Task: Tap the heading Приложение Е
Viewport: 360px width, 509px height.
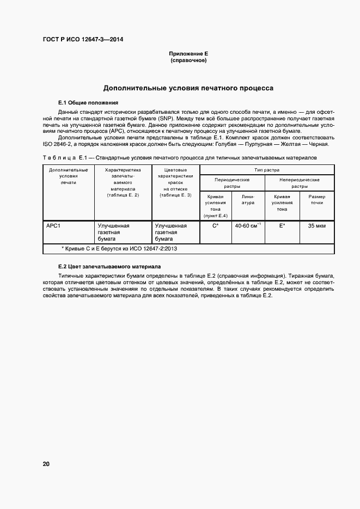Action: [188, 54]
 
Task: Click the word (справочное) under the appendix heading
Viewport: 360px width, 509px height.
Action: [188, 60]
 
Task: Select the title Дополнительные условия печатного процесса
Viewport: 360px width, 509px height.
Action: [188, 88]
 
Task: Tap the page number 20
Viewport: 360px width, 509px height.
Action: [46, 464]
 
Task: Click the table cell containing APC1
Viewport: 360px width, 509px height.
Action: [53, 225]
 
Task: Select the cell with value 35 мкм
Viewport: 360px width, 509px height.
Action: [316, 225]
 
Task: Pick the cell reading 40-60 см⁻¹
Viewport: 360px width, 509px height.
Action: [247, 225]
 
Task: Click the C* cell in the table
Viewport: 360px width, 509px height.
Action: [216, 225]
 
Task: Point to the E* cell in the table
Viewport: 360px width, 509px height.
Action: [282, 225]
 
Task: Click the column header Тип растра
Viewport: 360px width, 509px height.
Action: [267, 170]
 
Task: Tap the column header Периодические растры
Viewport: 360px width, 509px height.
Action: [232, 182]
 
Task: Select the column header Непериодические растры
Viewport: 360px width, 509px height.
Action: [300, 182]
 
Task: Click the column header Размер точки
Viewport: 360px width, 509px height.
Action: [316, 200]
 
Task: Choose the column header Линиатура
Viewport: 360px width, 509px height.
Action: [248, 200]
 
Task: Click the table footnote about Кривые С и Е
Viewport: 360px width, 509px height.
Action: [120, 248]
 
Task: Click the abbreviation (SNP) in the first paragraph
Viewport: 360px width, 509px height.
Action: [167, 118]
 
